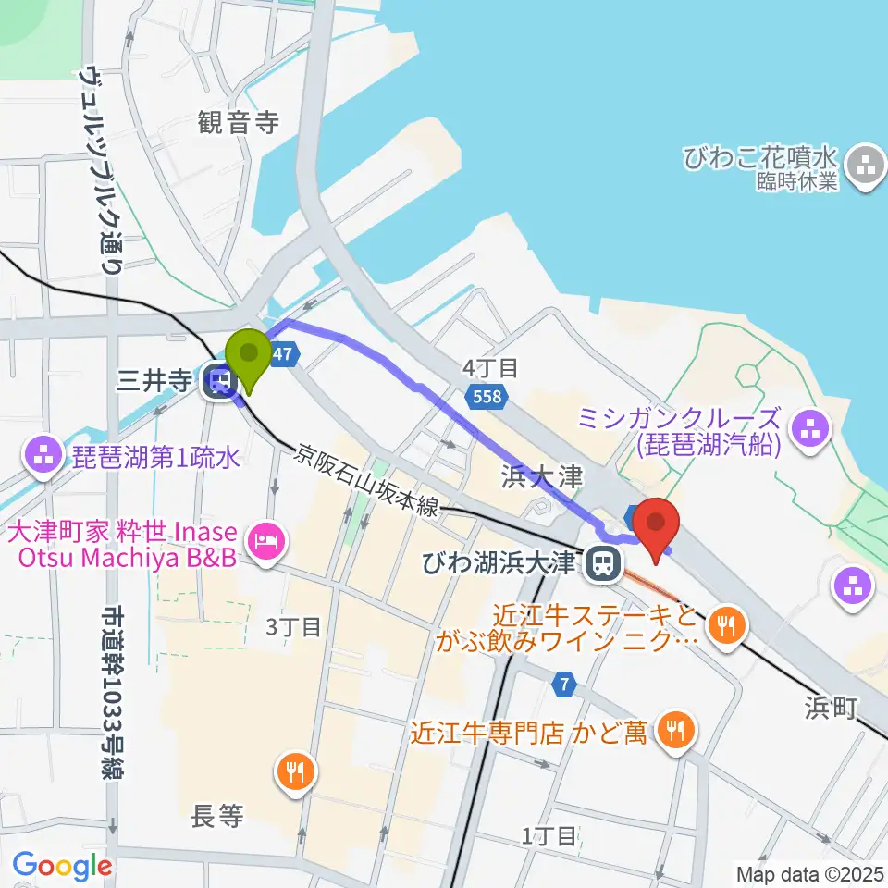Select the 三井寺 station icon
[x=220, y=380]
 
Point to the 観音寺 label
[x=238, y=122]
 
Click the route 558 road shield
[x=487, y=397]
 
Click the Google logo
[x=61, y=867]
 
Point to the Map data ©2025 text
[x=809, y=872]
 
